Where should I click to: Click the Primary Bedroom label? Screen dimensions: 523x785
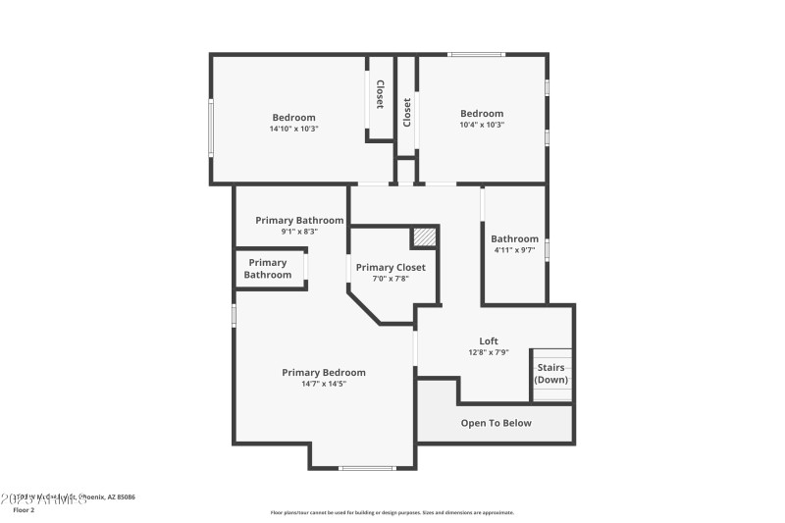click(323, 372)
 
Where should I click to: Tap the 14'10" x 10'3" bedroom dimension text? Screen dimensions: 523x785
click(294, 129)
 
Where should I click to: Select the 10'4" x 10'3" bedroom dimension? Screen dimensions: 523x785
click(481, 125)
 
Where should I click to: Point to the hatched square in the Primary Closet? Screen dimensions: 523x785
click(423, 236)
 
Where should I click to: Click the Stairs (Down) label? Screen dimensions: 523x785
click(550, 374)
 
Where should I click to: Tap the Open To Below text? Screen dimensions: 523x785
click(496, 423)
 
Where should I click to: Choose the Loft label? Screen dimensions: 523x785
click(489, 341)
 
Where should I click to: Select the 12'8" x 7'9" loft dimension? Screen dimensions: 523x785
click(489, 352)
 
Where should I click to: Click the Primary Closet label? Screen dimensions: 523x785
click(391, 267)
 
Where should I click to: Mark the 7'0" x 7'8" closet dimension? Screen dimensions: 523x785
click(391, 279)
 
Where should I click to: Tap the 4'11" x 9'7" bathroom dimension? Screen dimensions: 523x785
click(514, 250)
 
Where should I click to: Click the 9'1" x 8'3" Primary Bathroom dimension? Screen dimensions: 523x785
click(299, 232)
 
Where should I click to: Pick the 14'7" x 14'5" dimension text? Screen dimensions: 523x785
click(323, 384)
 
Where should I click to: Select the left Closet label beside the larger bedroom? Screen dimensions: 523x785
click(380, 94)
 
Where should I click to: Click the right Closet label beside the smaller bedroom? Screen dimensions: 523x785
click(406, 112)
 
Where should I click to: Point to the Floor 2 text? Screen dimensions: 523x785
click(24, 510)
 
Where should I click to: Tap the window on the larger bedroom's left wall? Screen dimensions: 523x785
click(211, 128)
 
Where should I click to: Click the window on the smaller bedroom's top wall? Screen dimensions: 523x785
click(476, 54)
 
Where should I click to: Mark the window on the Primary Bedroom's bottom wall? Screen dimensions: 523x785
click(366, 468)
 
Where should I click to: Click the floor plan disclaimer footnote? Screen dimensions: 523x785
click(392, 512)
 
